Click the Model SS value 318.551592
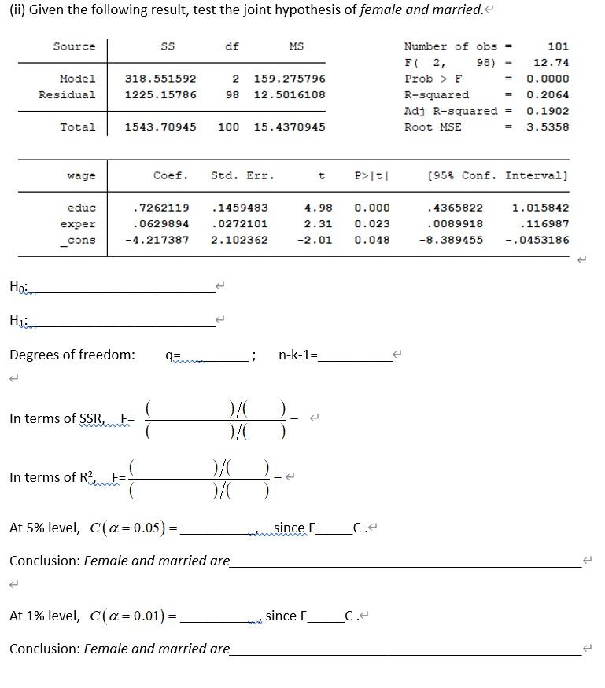coord(160,79)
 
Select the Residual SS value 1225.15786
coord(160,95)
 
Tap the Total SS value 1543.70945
coord(160,127)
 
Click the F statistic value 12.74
coord(551,63)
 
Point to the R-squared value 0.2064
coord(548,95)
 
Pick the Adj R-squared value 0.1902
coord(548,111)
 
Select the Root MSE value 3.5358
coord(548,127)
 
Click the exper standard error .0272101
coord(239,224)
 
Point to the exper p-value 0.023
coord(371,224)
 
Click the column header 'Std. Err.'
coord(242,176)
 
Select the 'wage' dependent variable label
coord(81,176)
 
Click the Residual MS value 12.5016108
coord(289,95)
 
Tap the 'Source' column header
coord(74,46)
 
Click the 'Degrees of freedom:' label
coord(72,355)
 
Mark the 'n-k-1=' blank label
coord(298,355)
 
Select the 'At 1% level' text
coord(44,616)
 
